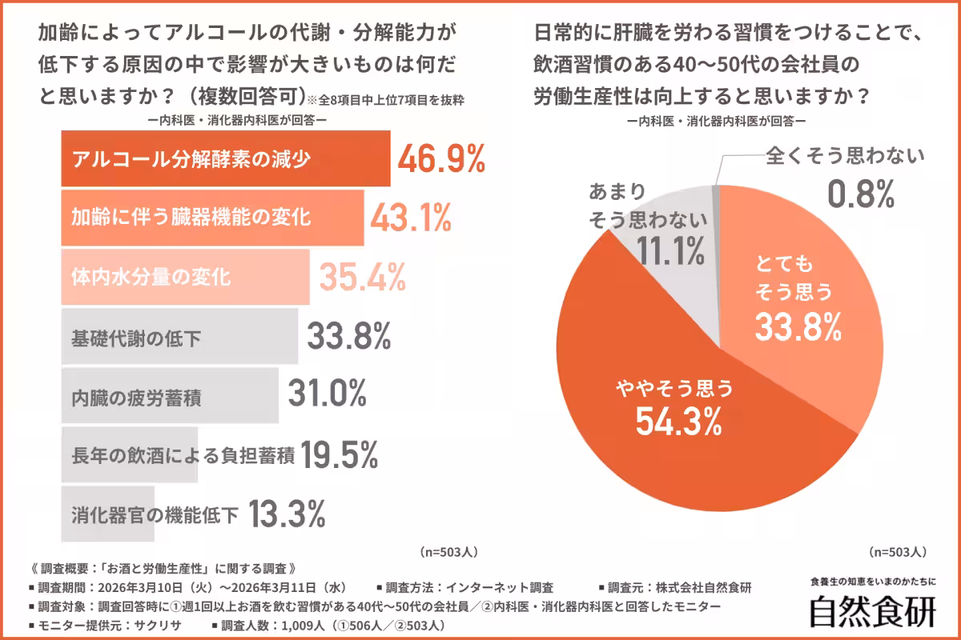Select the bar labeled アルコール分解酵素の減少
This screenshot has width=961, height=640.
click(225, 158)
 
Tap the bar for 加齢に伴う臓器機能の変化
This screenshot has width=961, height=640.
click(212, 218)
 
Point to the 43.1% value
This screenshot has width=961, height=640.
click(410, 218)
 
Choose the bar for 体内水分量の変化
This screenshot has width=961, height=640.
click(185, 278)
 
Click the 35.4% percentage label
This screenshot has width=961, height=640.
click(362, 278)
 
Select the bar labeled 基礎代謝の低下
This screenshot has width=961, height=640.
click(179, 338)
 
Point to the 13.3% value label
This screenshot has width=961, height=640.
click(287, 514)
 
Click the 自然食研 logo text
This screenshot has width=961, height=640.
click(872, 612)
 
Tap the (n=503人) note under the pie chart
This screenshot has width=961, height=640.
click(898, 552)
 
